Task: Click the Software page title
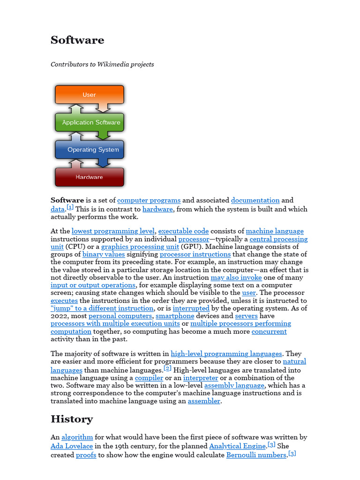pyautogui.click(x=77, y=40)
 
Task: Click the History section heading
pyautogui.click(x=72, y=419)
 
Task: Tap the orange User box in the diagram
pyautogui.click(x=89, y=95)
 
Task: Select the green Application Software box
pyautogui.click(x=91, y=122)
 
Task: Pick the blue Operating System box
pyautogui.click(x=93, y=150)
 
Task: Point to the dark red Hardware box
pyautogui.click(x=89, y=177)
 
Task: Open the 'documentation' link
pyautogui.click(x=255, y=200)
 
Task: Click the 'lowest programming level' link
pyautogui.click(x=113, y=231)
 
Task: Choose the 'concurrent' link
pyautogui.click(x=269, y=331)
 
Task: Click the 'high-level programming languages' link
pyautogui.click(x=226, y=354)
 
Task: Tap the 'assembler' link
pyautogui.click(x=204, y=401)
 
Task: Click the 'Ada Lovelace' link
pyautogui.click(x=72, y=446)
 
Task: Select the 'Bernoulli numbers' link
pyautogui.click(x=256, y=455)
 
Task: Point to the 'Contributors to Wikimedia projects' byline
pyautogui.click(x=102, y=64)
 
